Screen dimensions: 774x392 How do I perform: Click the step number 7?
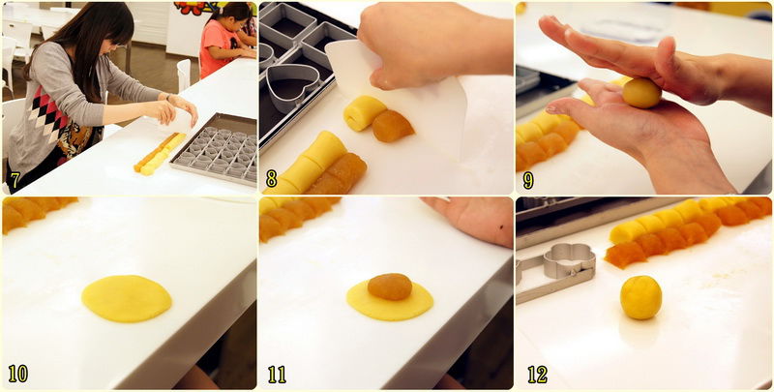pos(15,180)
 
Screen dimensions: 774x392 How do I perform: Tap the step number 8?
pos(271,179)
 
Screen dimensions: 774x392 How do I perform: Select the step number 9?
pos(528,180)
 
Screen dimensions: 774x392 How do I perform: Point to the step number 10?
pos(17,374)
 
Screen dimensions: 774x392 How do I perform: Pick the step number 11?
pos(277,375)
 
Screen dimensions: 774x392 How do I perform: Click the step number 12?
pos(537,375)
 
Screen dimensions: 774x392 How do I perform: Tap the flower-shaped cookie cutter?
pos(569,260)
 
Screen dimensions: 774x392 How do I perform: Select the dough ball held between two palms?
pos(641,93)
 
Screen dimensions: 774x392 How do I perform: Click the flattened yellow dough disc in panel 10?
pos(127,299)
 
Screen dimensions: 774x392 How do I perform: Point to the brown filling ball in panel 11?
pos(390,286)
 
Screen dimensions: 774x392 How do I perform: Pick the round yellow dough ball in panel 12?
pos(640,298)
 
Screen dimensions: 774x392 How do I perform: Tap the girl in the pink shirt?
pos(223,39)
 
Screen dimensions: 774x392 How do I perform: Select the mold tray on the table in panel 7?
pos(214,149)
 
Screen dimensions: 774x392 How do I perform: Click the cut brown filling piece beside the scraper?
pos(393,126)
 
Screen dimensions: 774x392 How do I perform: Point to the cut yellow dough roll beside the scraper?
pos(365,113)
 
